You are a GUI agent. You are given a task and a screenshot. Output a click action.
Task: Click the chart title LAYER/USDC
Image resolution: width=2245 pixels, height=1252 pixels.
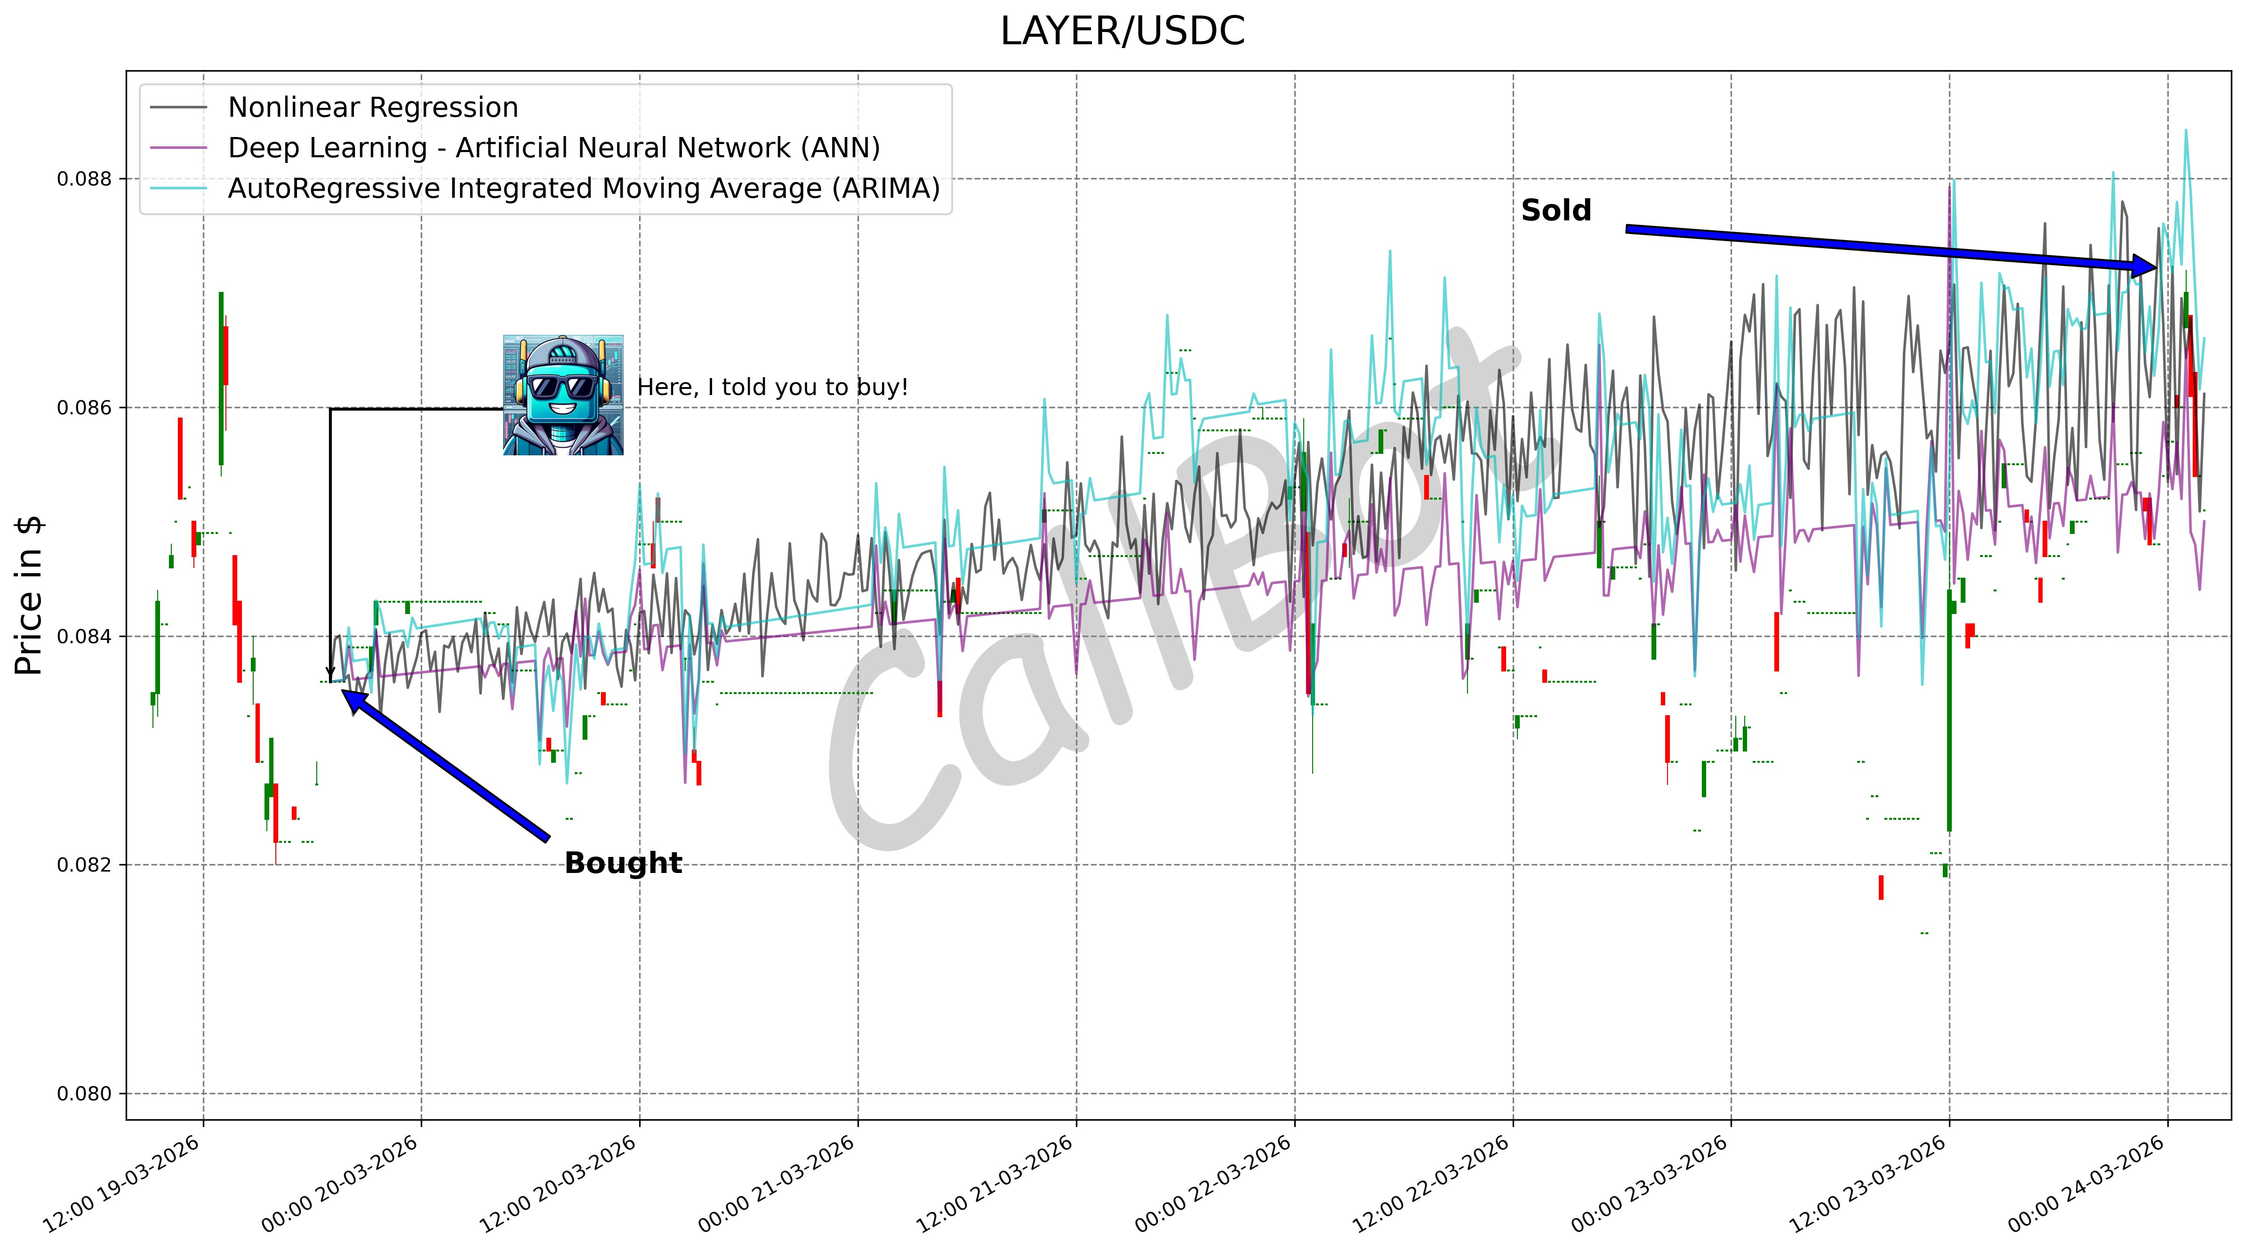[x=1122, y=32]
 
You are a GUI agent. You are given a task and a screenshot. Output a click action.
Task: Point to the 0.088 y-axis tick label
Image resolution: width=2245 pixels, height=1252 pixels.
[x=85, y=179]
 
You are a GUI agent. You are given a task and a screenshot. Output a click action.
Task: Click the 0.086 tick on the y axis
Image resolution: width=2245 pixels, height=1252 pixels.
[x=85, y=407]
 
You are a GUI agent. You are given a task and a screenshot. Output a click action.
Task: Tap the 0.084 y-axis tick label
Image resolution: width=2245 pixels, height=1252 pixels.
[x=85, y=637]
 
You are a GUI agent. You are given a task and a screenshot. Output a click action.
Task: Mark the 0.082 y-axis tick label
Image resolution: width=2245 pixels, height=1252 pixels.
[x=85, y=865]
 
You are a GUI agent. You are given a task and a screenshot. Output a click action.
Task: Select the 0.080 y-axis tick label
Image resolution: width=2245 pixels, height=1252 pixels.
[x=85, y=1093]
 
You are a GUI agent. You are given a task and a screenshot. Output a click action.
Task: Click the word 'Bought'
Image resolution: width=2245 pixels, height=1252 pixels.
[x=623, y=863]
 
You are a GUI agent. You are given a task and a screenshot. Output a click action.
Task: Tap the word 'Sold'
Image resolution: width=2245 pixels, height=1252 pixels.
[x=1555, y=211]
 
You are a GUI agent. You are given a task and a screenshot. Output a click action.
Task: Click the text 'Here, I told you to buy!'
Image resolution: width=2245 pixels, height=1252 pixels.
[x=772, y=387]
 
